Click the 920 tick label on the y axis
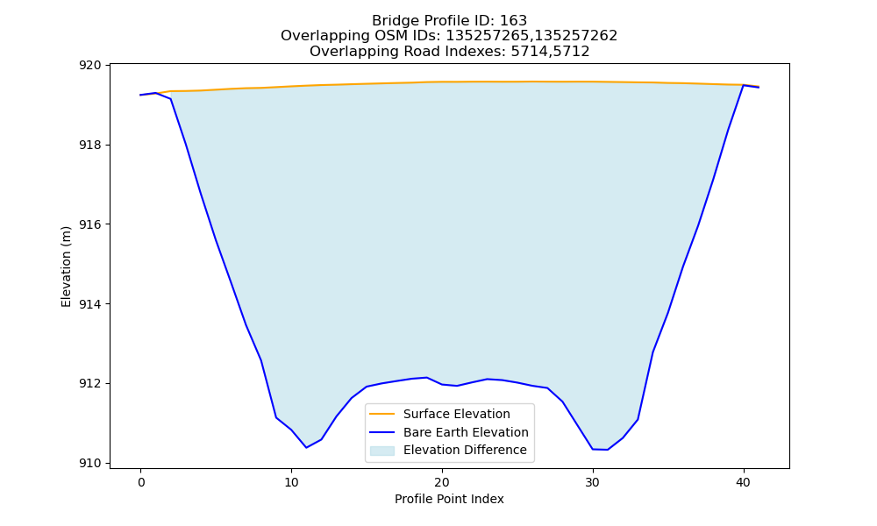coord(90,66)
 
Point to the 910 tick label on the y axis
coord(90,464)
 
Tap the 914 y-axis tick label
coord(90,304)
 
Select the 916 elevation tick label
coord(90,224)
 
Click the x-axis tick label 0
coord(140,482)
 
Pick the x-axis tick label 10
coord(291,482)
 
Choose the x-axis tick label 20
coord(442,482)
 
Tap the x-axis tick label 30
coord(592,482)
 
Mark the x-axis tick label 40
coord(744,482)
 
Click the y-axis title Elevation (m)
coord(66,267)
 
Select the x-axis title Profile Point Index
coord(449,499)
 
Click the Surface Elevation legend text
coord(456,414)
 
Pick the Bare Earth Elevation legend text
coord(466,432)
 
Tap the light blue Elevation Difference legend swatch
coord(382,451)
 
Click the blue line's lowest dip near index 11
coord(306,447)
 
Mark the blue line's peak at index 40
coord(744,85)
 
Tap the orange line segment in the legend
coord(382,414)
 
